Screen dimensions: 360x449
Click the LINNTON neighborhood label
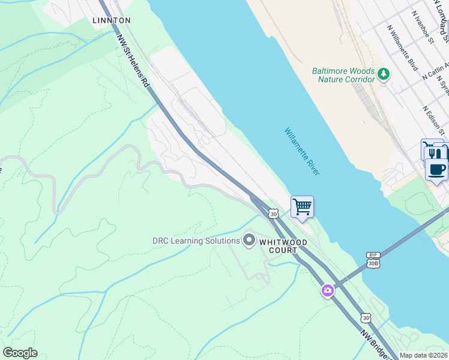pos(112,20)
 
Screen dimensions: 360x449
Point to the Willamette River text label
pos(302,151)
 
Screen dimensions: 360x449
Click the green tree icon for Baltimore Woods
pos(383,74)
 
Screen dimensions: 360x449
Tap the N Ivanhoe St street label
pos(423,26)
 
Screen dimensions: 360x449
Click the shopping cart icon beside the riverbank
pos(303,207)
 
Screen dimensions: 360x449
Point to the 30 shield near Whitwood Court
pos(274,213)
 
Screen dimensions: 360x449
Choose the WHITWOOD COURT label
pos(283,246)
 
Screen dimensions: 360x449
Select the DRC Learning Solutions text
pos(196,241)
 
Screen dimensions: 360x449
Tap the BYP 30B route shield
pos(373,259)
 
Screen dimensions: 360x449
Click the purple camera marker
pos(327,290)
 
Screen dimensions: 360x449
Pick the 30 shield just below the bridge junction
pos(365,317)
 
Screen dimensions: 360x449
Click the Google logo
pos(20,353)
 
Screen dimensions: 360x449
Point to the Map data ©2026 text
pos(423,355)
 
